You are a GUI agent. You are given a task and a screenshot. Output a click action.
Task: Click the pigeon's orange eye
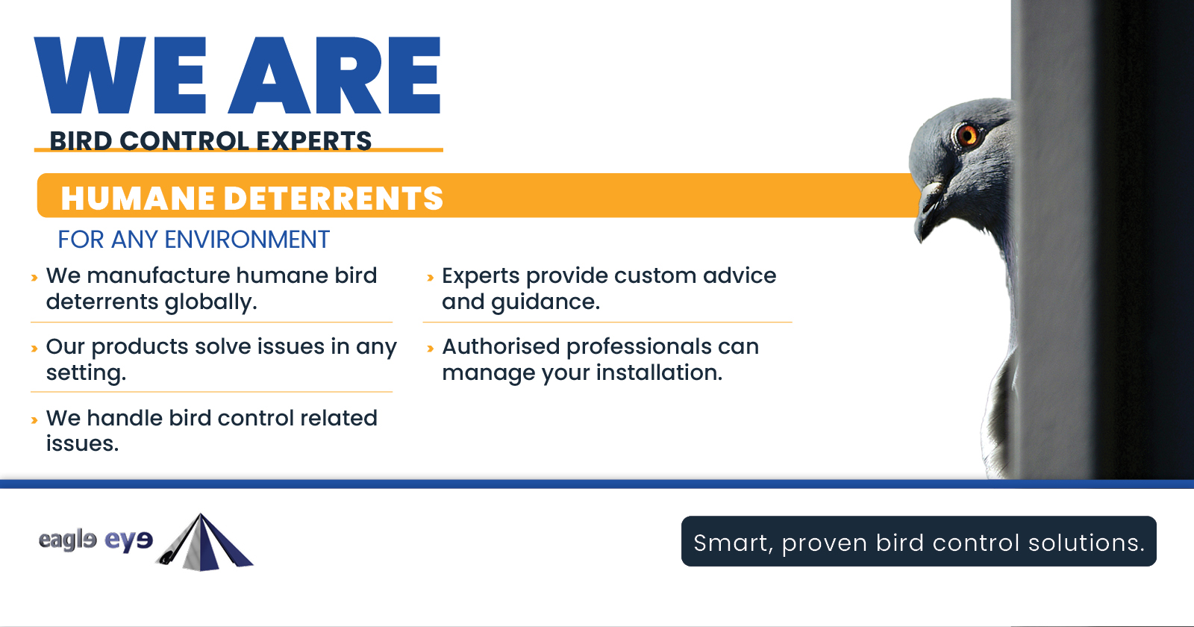click(x=966, y=135)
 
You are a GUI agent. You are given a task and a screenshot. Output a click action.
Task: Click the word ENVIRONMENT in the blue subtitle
click(x=246, y=240)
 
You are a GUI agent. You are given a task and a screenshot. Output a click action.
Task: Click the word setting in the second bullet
click(x=85, y=372)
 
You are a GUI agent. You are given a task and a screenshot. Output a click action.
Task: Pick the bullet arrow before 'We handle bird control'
click(x=34, y=420)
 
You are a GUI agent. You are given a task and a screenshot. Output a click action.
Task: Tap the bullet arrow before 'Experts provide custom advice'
click(x=430, y=278)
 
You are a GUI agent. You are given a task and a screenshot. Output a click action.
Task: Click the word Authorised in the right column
click(x=501, y=346)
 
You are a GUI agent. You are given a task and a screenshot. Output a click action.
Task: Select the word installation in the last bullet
click(x=658, y=372)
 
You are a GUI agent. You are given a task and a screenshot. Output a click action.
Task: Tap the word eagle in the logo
click(x=67, y=540)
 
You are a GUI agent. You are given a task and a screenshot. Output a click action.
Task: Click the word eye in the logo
click(x=128, y=540)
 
